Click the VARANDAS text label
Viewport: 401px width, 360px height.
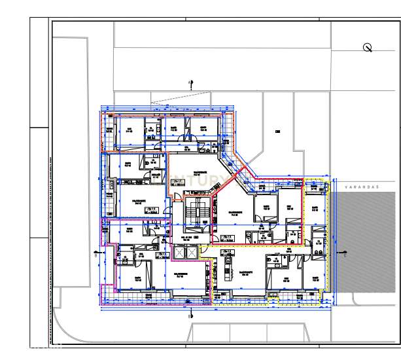(364, 187)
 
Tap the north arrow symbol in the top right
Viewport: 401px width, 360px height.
(368, 47)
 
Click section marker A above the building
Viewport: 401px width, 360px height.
(191, 83)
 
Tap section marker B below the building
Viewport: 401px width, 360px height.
(190, 317)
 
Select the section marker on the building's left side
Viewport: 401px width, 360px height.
(97, 252)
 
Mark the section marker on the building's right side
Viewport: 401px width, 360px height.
(344, 253)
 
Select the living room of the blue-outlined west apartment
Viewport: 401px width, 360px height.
(139, 203)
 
